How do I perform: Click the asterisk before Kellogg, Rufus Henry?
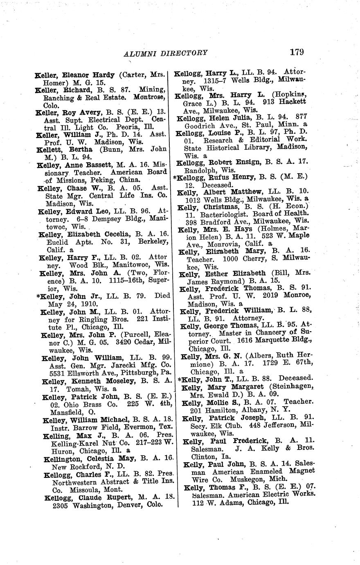pos(175,177)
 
